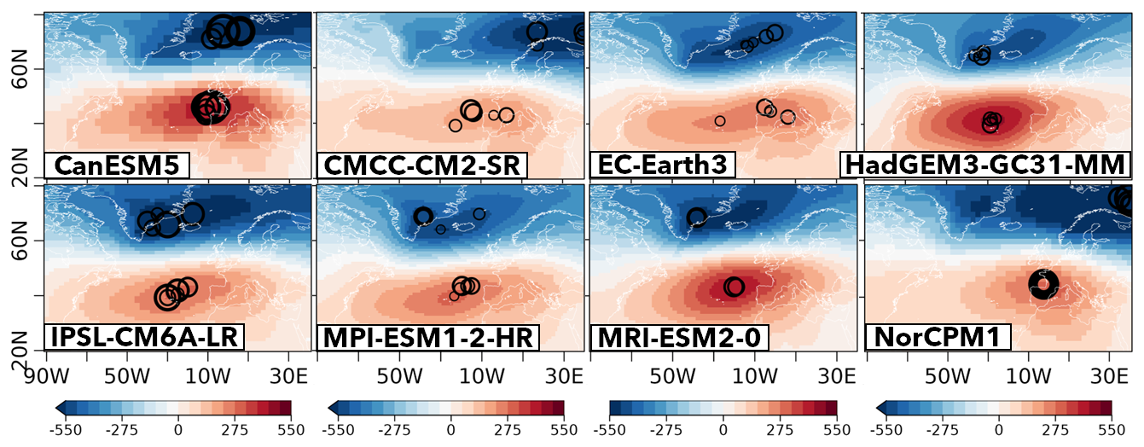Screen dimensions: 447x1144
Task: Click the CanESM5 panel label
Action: click(x=117, y=165)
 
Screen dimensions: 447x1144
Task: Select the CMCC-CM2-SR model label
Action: click(x=421, y=165)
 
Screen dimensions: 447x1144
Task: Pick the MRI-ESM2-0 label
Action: click(x=679, y=336)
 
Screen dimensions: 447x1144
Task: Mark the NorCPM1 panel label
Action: click(x=937, y=336)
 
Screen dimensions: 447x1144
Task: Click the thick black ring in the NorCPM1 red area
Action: click(x=1042, y=284)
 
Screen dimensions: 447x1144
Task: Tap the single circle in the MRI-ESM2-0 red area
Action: click(x=734, y=287)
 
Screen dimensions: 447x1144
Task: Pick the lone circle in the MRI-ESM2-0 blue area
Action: click(x=697, y=218)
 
